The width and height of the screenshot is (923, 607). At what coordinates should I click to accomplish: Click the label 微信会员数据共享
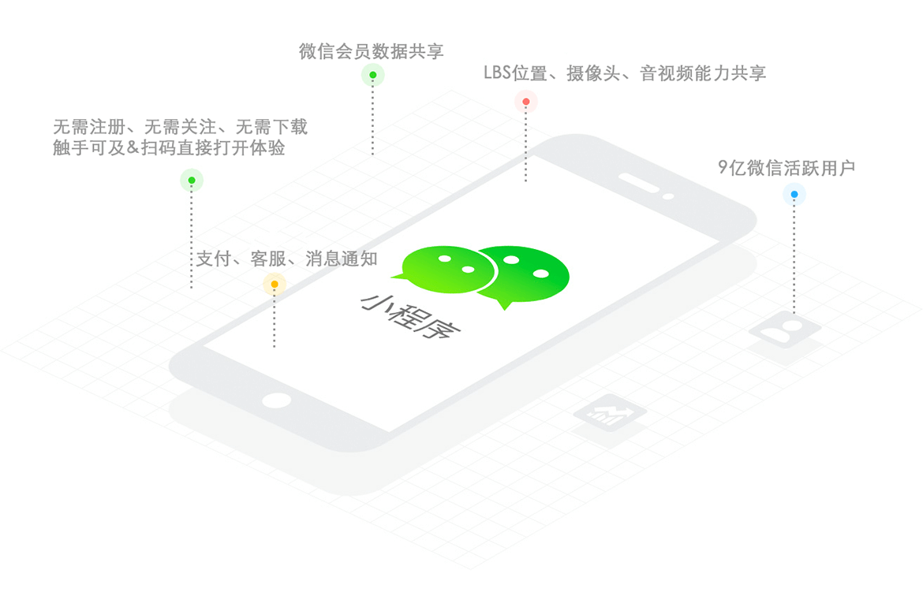[x=372, y=52]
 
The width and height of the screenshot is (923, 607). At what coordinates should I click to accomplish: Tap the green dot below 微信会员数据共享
[x=372, y=75]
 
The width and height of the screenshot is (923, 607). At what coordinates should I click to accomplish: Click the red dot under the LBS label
[x=525, y=102]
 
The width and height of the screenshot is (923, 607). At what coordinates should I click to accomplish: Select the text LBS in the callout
[x=498, y=73]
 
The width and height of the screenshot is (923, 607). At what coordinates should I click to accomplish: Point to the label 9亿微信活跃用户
[x=787, y=168]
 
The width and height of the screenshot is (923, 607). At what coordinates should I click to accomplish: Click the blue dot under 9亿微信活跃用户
[x=794, y=194]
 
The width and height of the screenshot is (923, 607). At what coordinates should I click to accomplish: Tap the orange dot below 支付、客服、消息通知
[x=275, y=284]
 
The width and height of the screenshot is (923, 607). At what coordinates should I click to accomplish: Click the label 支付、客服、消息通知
[x=286, y=259]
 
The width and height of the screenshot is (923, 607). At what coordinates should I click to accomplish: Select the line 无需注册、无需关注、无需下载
[x=180, y=126]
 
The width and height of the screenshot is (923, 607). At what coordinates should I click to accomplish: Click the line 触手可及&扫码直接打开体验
[x=169, y=147]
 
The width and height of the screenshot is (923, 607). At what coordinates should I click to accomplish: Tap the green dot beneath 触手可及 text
[x=192, y=180]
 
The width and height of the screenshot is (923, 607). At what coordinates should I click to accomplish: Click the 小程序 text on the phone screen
[x=410, y=316]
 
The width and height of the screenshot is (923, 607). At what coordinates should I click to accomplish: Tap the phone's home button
[x=277, y=400]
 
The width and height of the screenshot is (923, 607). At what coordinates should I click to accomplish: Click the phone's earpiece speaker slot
[x=639, y=182]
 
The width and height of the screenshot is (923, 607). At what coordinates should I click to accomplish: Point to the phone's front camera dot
[x=668, y=196]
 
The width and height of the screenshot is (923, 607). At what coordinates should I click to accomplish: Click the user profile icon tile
[x=785, y=330]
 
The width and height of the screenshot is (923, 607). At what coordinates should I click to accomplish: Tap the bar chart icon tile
[x=610, y=414]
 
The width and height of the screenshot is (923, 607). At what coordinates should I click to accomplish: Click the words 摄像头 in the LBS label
[x=593, y=73]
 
